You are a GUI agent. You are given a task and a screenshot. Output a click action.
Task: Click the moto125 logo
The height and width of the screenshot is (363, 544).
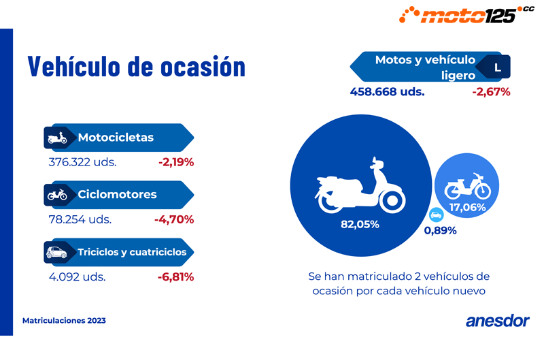(464, 14)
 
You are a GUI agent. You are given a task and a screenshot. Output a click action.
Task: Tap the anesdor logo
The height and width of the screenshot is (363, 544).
(497, 321)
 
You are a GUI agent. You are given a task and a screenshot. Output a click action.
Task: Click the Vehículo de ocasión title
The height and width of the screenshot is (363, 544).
(136, 67)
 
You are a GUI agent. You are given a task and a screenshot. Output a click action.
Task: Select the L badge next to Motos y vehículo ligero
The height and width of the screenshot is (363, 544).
(497, 68)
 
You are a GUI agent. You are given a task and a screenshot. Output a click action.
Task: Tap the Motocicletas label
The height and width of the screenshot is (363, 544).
(116, 138)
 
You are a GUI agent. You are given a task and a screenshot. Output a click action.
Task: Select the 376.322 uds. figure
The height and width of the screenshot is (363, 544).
(82, 162)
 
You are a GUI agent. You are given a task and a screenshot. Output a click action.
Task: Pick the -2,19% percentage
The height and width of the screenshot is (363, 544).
(175, 162)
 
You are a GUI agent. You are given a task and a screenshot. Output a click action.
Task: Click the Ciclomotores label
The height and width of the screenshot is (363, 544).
(117, 195)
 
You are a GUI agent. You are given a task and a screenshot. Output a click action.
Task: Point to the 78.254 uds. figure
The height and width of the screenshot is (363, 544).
(80, 219)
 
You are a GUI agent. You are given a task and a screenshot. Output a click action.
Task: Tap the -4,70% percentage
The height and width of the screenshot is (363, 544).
(174, 219)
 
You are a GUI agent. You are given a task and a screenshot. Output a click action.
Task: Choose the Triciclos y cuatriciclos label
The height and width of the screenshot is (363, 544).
(132, 252)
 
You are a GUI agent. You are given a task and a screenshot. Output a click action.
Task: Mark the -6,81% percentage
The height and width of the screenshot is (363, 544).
(175, 277)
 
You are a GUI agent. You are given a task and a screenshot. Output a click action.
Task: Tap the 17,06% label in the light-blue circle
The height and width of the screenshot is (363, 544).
(467, 208)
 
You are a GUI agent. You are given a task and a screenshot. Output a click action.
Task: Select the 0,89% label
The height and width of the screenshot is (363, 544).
(440, 230)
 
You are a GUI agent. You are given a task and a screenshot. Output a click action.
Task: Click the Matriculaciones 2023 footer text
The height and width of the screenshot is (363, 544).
(64, 320)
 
